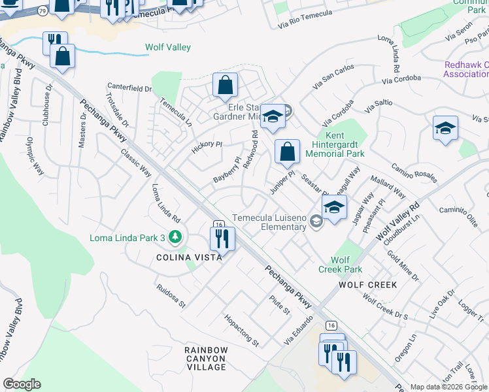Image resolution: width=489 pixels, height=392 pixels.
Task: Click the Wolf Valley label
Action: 168,47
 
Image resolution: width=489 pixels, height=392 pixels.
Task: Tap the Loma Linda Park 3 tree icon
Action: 175,237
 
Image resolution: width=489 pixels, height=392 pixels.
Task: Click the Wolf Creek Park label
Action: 340,264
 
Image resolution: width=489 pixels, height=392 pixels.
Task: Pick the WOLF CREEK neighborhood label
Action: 367,285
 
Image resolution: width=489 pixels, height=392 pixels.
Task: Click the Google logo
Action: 22,384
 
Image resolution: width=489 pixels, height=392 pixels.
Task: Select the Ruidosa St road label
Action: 171,296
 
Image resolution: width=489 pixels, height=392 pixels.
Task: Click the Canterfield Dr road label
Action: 129,88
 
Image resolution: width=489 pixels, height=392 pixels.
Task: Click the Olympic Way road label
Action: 35,155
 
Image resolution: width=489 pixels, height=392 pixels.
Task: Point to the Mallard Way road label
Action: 388,188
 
